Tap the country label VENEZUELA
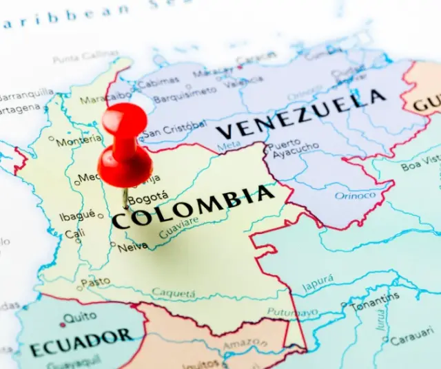click(300, 114)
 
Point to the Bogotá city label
click(148, 198)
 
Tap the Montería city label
click(78, 141)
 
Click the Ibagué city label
click(77, 215)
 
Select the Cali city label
click(74, 234)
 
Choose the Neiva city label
click(133, 246)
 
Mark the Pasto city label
click(96, 282)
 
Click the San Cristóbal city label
click(174, 129)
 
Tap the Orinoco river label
click(355, 196)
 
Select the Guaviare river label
click(178, 227)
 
